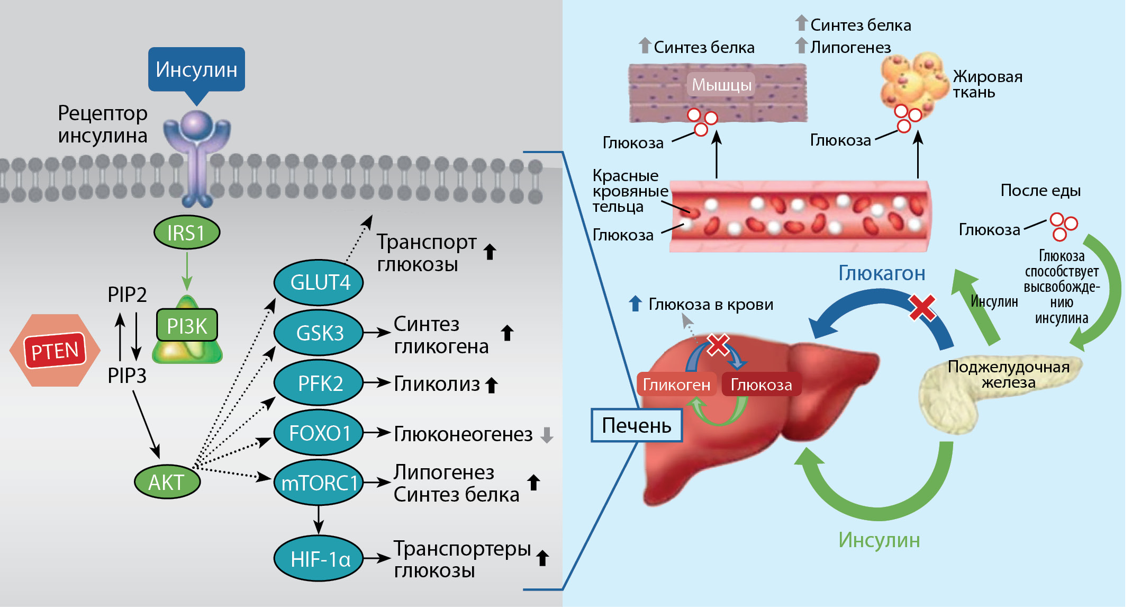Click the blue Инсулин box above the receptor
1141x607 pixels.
(x=196, y=69)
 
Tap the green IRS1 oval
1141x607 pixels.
(x=186, y=233)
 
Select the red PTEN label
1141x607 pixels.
(x=55, y=351)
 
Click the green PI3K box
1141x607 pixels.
(x=187, y=326)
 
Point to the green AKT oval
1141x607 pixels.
(x=167, y=482)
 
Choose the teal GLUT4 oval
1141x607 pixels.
(x=319, y=282)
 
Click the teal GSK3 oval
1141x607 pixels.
(x=319, y=333)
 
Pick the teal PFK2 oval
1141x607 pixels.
(x=319, y=383)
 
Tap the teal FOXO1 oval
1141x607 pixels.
(x=319, y=433)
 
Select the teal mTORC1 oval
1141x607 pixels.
(x=319, y=483)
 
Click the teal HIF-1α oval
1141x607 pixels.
(x=319, y=559)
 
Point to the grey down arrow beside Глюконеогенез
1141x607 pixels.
(x=547, y=435)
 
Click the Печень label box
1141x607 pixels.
(x=637, y=425)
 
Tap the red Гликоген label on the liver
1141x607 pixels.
(x=676, y=385)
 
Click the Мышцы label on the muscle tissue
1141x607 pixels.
(x=721, y=85)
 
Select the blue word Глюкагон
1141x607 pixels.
(x=882, y=273)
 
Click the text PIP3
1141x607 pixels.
(x=127, y=376)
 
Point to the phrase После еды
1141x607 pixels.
(x=1040, y=191)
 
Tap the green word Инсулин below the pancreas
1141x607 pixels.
(x=879, y=540)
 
